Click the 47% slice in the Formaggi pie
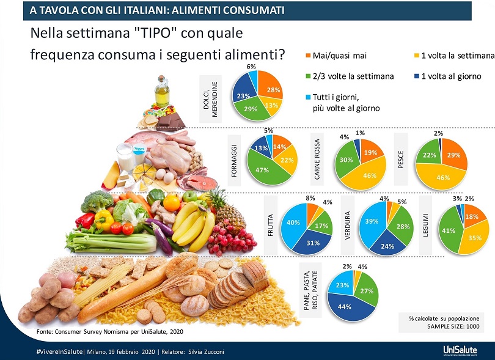click(x=263, y=171)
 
